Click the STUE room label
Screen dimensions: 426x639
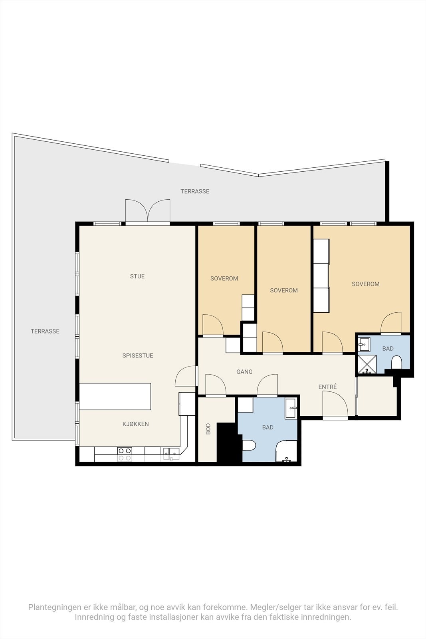coord(137,276)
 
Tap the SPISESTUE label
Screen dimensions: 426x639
coord(138,355)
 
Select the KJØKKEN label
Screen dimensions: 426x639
coord(135,424)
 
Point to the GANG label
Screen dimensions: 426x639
coord(244,372)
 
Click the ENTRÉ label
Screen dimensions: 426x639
coord(327,387)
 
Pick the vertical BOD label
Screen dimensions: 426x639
coord(208,429)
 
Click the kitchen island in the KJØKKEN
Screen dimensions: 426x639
coord(115,397)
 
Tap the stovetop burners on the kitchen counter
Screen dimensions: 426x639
coord(125,454)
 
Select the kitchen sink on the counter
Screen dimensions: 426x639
coord(171,454)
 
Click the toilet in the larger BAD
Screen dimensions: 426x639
coord(249,445)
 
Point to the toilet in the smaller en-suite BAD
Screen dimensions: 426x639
coord(396,363)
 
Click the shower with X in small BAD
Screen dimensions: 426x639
coord(367,364)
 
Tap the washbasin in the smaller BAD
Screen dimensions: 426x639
coord(364,344)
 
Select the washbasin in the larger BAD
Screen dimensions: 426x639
coord(291,409)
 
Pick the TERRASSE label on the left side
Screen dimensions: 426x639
coord(45,331)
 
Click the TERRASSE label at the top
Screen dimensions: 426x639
coord(195,191)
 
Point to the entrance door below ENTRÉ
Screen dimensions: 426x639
coord(335,405)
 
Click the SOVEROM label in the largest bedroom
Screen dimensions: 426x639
coord(366,284)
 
